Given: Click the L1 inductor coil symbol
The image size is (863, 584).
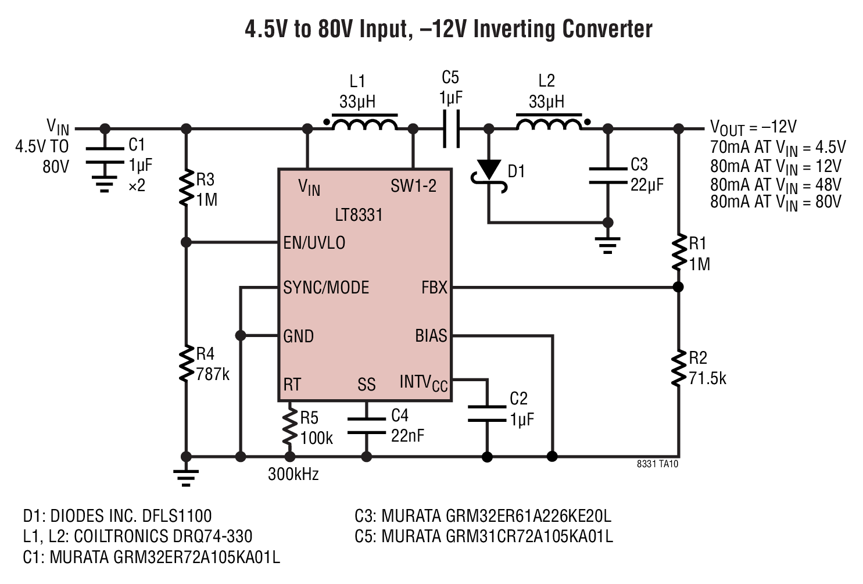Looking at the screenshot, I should (x=364, y=124).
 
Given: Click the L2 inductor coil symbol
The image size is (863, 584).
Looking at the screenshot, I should (x=549, y=124).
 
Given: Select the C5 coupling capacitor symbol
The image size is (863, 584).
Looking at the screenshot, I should (x=451, y=128).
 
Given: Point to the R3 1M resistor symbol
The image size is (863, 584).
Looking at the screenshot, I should (x=186, y=188).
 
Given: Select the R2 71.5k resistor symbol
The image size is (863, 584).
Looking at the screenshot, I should (x=678, y=368).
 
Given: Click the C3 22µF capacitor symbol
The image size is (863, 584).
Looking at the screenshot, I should (x=608, y=176).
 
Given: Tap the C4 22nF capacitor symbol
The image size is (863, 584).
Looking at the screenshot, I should (x=366, y=426).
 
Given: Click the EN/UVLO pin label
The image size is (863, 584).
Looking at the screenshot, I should (x=314, y=243).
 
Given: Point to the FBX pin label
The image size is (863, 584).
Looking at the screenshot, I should (x=434, y=288).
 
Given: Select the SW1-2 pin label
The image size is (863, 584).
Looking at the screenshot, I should (x=413, y=187).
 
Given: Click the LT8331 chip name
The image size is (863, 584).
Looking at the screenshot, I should (x=359, y=216).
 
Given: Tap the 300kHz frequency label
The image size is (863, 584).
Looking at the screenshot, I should (x=293, y=474).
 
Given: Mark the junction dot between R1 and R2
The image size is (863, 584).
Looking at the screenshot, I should (x=678, y=287).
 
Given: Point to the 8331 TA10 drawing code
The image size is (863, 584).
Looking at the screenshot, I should (x=657, y=464).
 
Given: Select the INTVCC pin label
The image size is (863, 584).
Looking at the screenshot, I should (x=424, y=383).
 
